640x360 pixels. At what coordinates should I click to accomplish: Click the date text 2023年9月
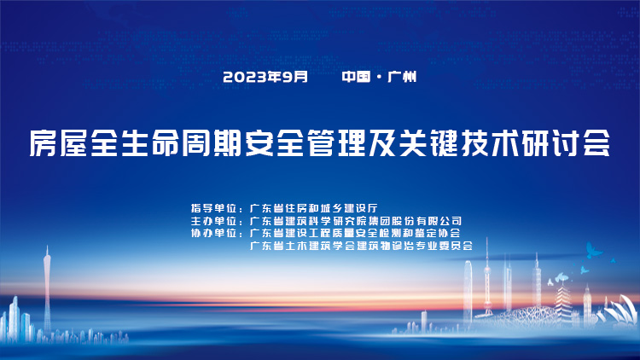(x=265, y=77)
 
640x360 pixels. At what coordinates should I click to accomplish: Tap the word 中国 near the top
(x=356, y=77)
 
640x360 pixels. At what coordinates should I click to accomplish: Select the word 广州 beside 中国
(x=402, y=77)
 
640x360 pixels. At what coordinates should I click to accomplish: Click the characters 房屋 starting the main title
(x=58, y=142)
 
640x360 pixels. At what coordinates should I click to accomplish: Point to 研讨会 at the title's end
(x=566, y=142)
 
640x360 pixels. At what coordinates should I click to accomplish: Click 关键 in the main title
(x=428, y=142)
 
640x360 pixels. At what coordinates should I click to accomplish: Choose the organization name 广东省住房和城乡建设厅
(x=314, y=208)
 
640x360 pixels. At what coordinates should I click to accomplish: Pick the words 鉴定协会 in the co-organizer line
(x=438, y=233)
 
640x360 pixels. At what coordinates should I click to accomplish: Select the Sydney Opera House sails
(x=620, y=311)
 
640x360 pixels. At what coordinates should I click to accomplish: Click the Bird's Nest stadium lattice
(x=527, y=316)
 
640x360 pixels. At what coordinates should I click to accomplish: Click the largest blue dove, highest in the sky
(x=593, y=250)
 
